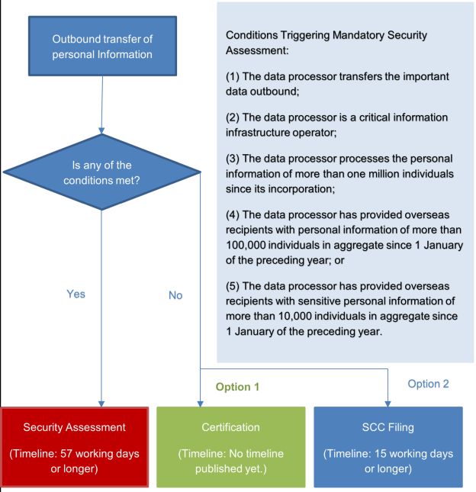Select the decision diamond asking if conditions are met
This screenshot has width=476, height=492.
tap(101, 173)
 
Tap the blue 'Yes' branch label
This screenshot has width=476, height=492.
tap(76, 294)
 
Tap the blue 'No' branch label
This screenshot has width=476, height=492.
tap(175, 295)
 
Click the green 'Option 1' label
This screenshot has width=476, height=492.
tap(237, 387)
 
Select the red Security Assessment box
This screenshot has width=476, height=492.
tap(76, 446)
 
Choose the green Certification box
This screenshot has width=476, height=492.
tap(230, 446)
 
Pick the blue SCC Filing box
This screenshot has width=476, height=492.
tap(388, 446)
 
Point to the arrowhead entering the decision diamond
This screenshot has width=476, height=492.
tap(102, 130)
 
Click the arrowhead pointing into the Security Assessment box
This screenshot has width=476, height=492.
tap(101, 402)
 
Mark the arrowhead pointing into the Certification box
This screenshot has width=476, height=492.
tap(201, 402)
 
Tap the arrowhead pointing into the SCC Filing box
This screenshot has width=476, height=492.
tap(388, 402)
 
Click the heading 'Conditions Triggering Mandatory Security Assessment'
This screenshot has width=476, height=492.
tap(326, 43)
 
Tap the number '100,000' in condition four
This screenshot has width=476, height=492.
tap(249, 246)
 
